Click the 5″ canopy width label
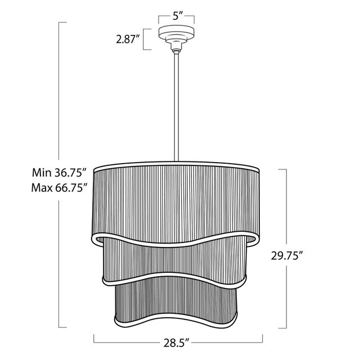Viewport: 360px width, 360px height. click(176, 16)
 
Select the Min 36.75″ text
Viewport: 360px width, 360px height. click(59, 173)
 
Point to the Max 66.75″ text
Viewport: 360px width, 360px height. click(59, 188)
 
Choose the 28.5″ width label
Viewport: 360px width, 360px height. click(176, 343)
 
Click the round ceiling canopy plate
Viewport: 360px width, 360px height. click(177, 32)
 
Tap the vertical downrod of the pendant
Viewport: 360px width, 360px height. click(176, 107)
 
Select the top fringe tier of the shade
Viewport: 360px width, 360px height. click(176, 204)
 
